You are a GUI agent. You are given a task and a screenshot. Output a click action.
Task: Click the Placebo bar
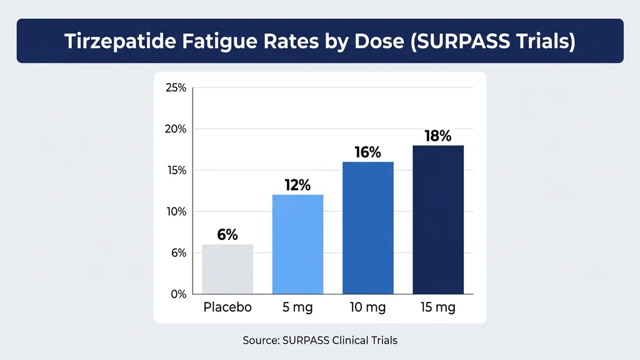(x=227, y=269)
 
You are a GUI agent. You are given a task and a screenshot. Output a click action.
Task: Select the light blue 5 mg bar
(x=297, y=244)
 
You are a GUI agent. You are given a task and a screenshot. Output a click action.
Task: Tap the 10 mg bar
(x=367, y=228)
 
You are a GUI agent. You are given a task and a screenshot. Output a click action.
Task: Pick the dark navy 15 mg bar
(x=437, y=219)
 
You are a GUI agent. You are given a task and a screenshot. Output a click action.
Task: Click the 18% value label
(x=437, y=136)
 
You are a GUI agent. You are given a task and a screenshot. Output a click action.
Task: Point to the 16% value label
(x=367, y=152)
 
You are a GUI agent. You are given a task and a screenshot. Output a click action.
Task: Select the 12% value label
(x=297, y=185)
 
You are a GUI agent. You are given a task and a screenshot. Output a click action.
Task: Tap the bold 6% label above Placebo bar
(x=227, y=234)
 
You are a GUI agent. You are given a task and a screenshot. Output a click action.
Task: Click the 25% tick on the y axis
(x=176, y=88)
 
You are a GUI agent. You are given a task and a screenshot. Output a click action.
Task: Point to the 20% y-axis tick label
(x=176, y=129)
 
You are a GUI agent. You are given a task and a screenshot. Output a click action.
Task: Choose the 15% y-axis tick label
(x=176, y=171)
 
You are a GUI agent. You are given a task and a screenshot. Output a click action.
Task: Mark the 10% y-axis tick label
(x=176, y=212)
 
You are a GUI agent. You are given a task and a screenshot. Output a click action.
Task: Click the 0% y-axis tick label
(x=178, y=294)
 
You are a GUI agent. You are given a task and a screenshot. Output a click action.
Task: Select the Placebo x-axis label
(x=227, y=307)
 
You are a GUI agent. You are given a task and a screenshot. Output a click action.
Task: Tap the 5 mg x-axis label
(x=297, y=307)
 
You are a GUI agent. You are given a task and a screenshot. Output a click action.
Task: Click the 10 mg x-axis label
(x=367, y=307)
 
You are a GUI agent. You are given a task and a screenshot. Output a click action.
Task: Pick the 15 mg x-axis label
(x=437, y=307)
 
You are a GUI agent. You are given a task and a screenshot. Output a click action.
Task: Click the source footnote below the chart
(x=320, y=341)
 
